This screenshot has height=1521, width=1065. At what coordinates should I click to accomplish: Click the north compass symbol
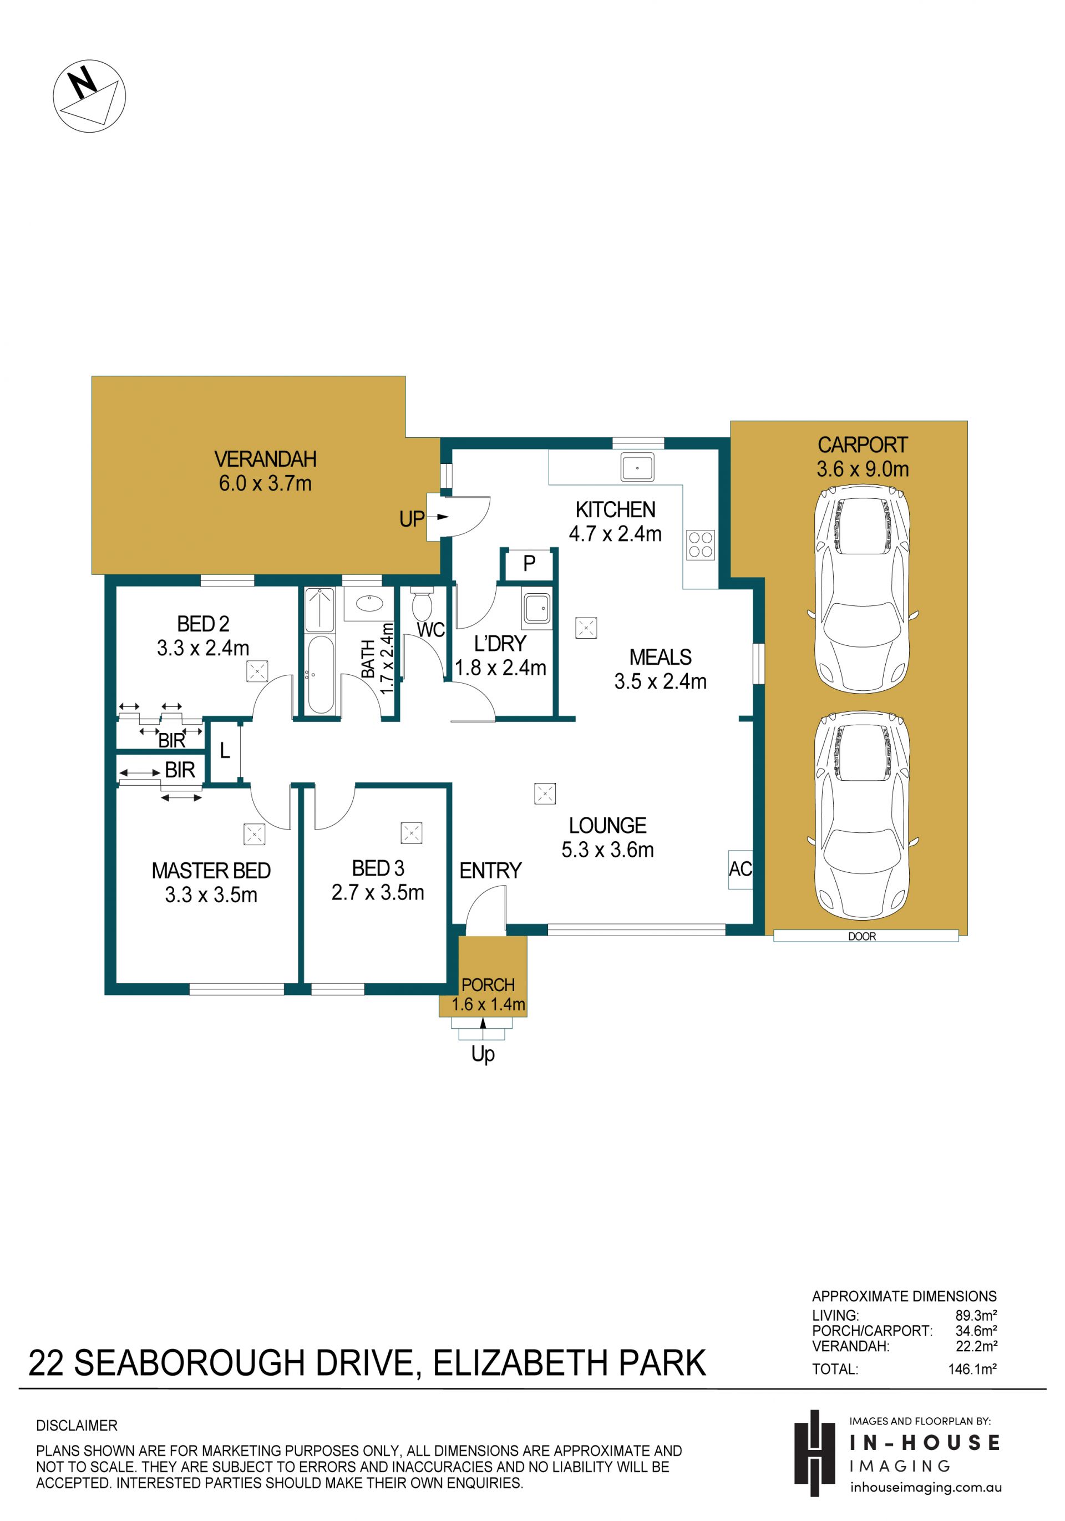[89, 95]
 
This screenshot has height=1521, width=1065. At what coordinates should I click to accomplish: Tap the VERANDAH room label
[265, 458]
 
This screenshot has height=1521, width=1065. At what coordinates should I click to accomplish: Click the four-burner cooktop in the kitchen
[700, 545]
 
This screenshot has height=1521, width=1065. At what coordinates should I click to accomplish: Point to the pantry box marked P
[529, 563]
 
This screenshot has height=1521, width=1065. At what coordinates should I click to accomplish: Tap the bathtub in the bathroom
[321, 674]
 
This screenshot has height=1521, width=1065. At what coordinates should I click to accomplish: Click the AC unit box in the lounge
[741, 869]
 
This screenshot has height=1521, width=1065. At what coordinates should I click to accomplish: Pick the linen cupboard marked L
[225, 751]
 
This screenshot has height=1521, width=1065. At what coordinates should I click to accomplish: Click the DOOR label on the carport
[861, 936]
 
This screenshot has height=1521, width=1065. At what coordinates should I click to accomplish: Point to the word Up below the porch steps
[483, 1053]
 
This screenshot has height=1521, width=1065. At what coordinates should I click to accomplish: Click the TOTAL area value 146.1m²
[972, 1368]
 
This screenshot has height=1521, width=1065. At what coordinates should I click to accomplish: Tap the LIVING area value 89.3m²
[976, 1316]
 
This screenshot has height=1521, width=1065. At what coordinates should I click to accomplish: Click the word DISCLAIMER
[77, 1426]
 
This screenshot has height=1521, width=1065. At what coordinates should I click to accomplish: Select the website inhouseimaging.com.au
[926, 1487]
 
